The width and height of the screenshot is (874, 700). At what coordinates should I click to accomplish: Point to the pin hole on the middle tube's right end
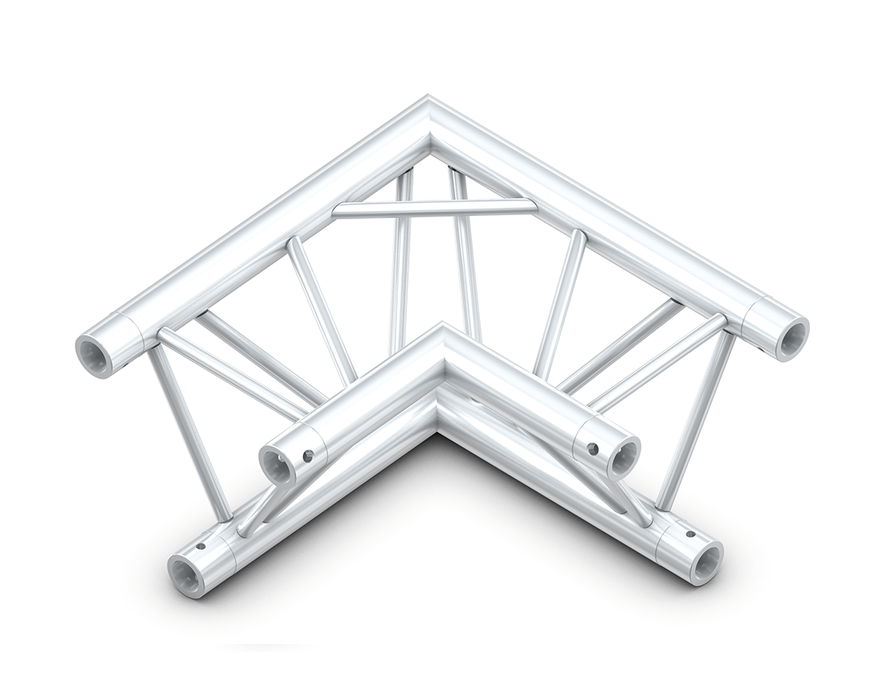pyautogui.click(x=592, y=447)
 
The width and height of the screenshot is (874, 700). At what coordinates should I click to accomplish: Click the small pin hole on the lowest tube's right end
pyautogui.click(x=690, y=534)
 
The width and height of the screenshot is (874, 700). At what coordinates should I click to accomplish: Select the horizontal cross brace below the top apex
pyautogui.click(x=435, y=210)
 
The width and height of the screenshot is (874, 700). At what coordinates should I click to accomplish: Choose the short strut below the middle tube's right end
pyautogui.click(x=630, y=500)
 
